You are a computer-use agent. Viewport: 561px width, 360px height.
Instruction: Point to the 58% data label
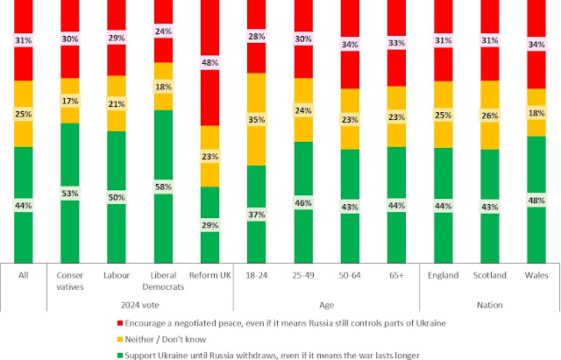(162, 186)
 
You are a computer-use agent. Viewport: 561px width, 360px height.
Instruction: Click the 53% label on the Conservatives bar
(69, 193)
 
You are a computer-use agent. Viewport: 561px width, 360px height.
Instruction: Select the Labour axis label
(116, 274)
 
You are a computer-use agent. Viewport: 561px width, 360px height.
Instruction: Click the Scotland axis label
(490, 274)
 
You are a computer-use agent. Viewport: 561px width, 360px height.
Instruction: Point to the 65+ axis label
(396, 274)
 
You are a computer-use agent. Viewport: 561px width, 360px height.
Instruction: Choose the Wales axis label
(536, 274)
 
